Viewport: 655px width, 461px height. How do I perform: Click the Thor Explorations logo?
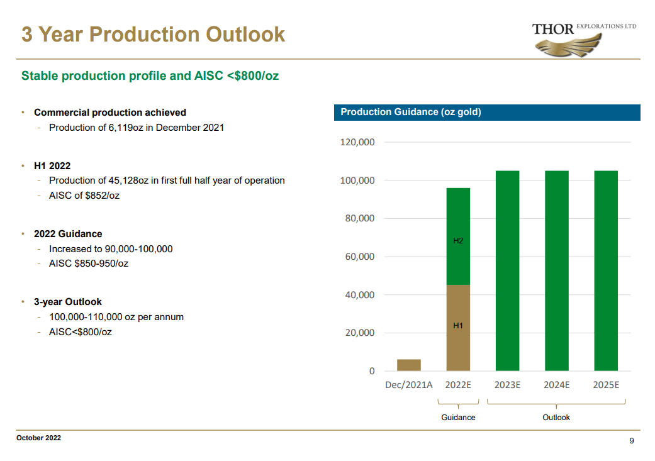584,38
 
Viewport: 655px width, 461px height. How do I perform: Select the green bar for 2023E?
507,270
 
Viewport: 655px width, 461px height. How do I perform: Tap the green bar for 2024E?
556,270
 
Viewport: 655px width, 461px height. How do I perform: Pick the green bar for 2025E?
606,270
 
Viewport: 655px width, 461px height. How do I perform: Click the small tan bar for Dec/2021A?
409,365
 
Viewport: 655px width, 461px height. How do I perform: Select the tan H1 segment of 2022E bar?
458,328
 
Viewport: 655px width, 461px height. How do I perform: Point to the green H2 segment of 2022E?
458,236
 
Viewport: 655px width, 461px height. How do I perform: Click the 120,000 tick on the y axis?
357,142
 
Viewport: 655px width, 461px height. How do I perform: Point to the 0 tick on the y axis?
371,371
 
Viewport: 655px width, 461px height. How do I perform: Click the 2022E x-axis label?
458,385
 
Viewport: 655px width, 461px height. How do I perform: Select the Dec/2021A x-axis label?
409,385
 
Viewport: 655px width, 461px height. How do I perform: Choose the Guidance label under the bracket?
458,418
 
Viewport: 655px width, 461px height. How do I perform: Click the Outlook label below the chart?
556,418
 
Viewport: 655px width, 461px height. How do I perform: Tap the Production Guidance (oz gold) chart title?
410,112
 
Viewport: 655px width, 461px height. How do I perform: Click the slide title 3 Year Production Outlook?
153,35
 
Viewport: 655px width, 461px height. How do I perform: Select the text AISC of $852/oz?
84,196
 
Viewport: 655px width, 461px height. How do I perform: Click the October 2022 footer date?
39,438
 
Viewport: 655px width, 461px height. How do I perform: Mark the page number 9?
632,441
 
